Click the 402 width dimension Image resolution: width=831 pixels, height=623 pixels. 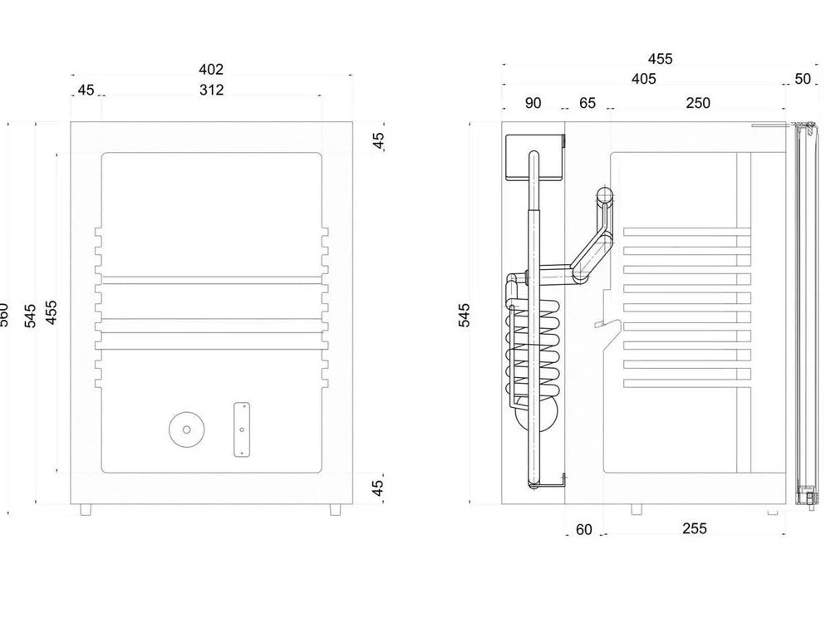(x=212, y=70)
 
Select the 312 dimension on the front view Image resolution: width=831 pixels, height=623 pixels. (x=212, y=90)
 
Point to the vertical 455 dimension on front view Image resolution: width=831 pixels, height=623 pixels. (x=52, y=313)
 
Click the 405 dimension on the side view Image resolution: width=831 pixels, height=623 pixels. (x=643, y=79)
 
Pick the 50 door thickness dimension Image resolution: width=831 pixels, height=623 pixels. (x=803, y=79)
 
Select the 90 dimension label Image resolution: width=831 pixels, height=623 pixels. (x=534, y=103)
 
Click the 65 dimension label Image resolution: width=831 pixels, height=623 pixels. (x=588, y=103)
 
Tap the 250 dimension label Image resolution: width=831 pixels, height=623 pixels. (x=698, y=103)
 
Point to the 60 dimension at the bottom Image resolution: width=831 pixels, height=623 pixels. (x=584, y=529)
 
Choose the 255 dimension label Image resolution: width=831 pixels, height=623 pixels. (x=694, y=529)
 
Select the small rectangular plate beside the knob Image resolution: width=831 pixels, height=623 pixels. (x=242, y=429)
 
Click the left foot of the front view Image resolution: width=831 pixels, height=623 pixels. (x=86, y=509)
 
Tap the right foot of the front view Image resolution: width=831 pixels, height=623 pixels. (x=335, y=509)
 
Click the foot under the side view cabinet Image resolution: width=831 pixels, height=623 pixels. (x=636, y=508)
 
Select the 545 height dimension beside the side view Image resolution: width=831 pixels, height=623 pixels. (x=465, y=314)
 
